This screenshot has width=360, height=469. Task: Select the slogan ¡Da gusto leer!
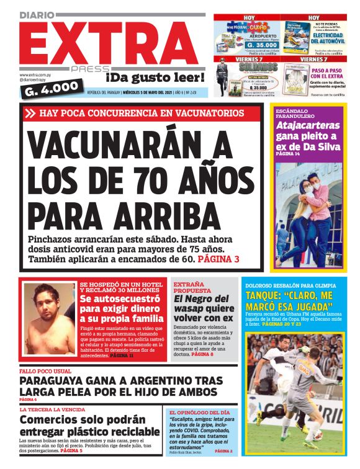pos(155,78)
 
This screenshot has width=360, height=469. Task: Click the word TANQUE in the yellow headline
pos(265,296)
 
